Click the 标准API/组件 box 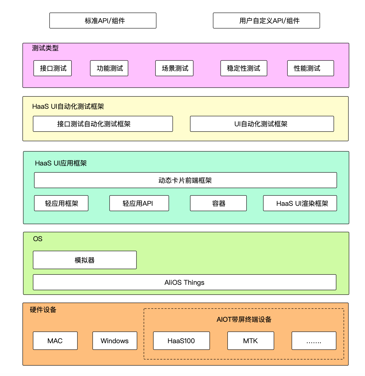(103, 21)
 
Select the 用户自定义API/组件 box (266, 21)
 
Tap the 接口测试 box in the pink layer (53, 68)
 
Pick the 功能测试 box (109, 68)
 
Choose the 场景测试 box (174, 68)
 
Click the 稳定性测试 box (244, 68)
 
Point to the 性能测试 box (310, 68)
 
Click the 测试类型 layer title (45, 48)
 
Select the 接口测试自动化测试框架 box (103, 124)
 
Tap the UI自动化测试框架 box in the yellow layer (262, 124)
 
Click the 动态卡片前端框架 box (185, 180)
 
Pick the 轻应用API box (139, 203)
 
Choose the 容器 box (218, 203)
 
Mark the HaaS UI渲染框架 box (300, 203)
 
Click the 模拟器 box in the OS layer (85, 260)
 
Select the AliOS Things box (184, 282)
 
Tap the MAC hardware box (55, 341)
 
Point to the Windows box (115, 341)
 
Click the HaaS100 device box (181, 341)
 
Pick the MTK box (251, 341)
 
